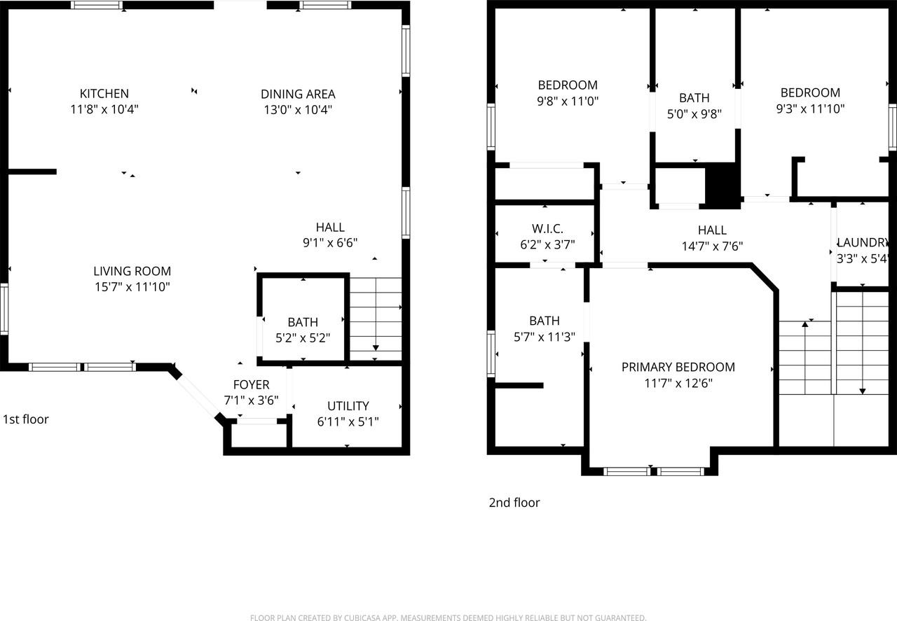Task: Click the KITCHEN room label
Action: point(104,94)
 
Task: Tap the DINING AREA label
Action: point(298,94)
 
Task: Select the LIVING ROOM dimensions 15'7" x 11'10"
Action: point(132,287)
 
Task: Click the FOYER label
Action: point(251,384)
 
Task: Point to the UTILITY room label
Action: point(348,406)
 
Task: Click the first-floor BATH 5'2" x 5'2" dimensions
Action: point(303,338)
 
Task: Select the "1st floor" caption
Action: point(26,419)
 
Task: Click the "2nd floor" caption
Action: point(514,503)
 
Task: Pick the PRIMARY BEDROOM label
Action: point(678,367)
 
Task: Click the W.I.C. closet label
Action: point(547,229)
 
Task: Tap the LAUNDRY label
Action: point(863,242)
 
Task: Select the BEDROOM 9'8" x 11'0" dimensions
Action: point(568,102)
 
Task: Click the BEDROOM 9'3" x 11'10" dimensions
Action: point(810,109)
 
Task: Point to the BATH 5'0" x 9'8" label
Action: point(694,98)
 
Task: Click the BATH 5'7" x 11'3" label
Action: point(545,321)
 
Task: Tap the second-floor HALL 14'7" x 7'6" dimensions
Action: point(712,246)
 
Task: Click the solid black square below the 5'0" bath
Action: point(722,186)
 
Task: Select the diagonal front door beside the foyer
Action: point(198,397)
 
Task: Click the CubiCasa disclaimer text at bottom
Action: point(448,617)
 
